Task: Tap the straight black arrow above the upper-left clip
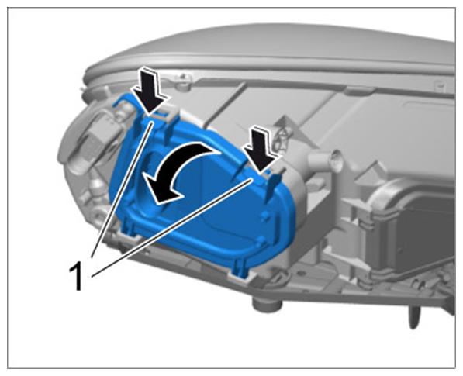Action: [x=149, y=90]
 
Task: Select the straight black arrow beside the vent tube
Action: [x=261, y=149]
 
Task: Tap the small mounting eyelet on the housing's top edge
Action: [x=183, y=80]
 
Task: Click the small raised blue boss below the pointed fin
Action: [x=265, y=216]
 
